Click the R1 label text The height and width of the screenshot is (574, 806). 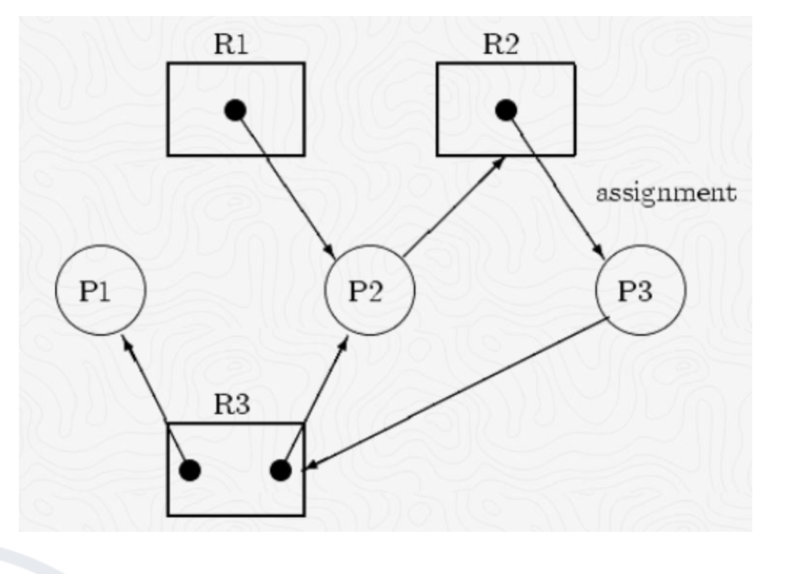232,45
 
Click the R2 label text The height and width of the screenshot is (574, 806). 501,45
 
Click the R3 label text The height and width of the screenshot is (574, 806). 232,405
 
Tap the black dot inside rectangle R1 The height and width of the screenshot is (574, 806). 235,110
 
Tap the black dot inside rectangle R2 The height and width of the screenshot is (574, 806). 506,110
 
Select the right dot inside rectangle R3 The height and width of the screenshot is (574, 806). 280,470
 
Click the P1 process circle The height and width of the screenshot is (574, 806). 101,290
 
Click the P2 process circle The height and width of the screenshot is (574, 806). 370,290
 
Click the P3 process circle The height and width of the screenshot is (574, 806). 640,290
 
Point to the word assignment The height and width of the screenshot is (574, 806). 665,194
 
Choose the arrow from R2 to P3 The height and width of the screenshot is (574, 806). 555,185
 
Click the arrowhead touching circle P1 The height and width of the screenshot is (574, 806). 126,341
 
